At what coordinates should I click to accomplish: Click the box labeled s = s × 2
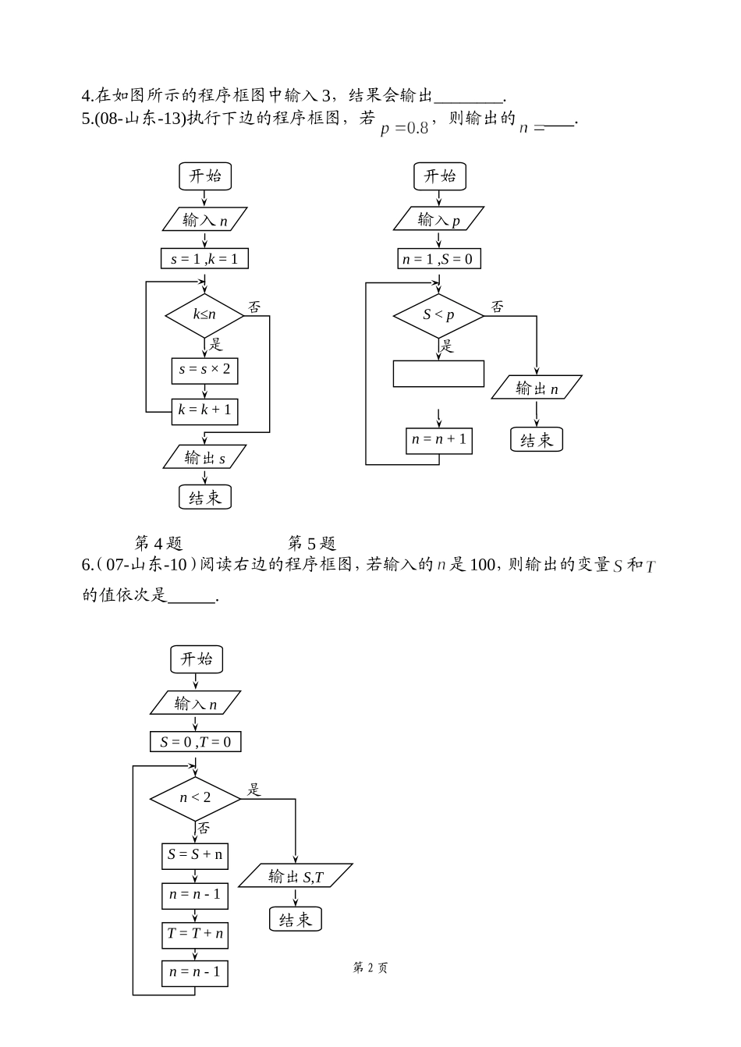coord(204,370)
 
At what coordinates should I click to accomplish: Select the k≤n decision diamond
coord(204,314)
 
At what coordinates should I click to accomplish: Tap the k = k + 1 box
coord(204,410)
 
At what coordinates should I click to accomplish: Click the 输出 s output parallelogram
coord(204,458)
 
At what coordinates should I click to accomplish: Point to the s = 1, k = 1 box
coord(204,258)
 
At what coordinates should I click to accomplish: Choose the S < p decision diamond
coord(438,315)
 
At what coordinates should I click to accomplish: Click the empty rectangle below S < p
coord(438,374)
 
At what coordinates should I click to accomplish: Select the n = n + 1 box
coord(439,440)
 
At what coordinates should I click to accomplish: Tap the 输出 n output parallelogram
coord(537,389)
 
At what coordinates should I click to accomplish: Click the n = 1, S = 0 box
coord(438,258)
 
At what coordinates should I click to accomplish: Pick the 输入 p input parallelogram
coord(438,219)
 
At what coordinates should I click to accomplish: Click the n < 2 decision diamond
coord(195,798)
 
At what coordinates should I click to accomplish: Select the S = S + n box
coord(195,855)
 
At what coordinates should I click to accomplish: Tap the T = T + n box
coord(195,934)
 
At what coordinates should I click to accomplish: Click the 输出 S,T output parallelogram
coord(296,876)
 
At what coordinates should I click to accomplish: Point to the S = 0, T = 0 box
coord(195,741)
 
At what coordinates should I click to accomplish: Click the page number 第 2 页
coord(370,968)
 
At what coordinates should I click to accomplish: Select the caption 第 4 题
coord(158,543)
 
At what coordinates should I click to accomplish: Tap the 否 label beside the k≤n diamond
coord(255,307)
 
